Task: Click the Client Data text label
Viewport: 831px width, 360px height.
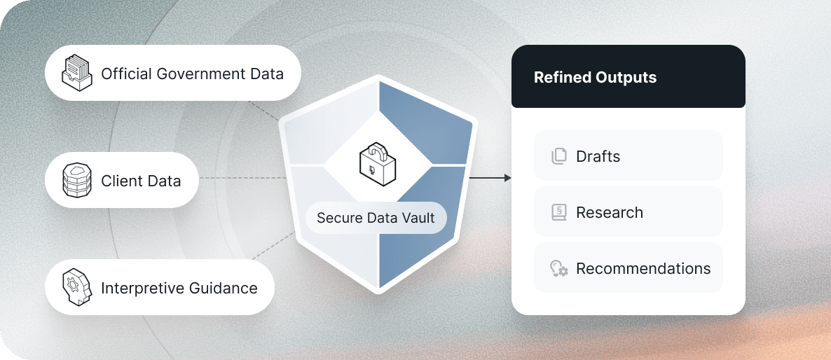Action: tap(141, 181)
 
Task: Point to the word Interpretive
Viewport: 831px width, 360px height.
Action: tap(137, 288)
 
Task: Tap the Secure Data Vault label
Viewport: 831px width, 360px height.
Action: tap(376, 217)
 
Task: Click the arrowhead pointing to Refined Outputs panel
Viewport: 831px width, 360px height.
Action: tap(507, 178)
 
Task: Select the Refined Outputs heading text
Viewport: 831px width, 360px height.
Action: tap(595, 77)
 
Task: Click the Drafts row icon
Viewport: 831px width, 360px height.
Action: tap(558, 156)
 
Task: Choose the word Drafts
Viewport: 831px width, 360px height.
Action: tap(598, 156)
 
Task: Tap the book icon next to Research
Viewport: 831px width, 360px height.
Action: tap(558, 212)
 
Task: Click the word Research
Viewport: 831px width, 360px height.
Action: tap(609, 212)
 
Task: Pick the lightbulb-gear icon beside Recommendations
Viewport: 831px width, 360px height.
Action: tap(558, 268)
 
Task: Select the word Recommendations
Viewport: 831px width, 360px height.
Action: tap(643, 268)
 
